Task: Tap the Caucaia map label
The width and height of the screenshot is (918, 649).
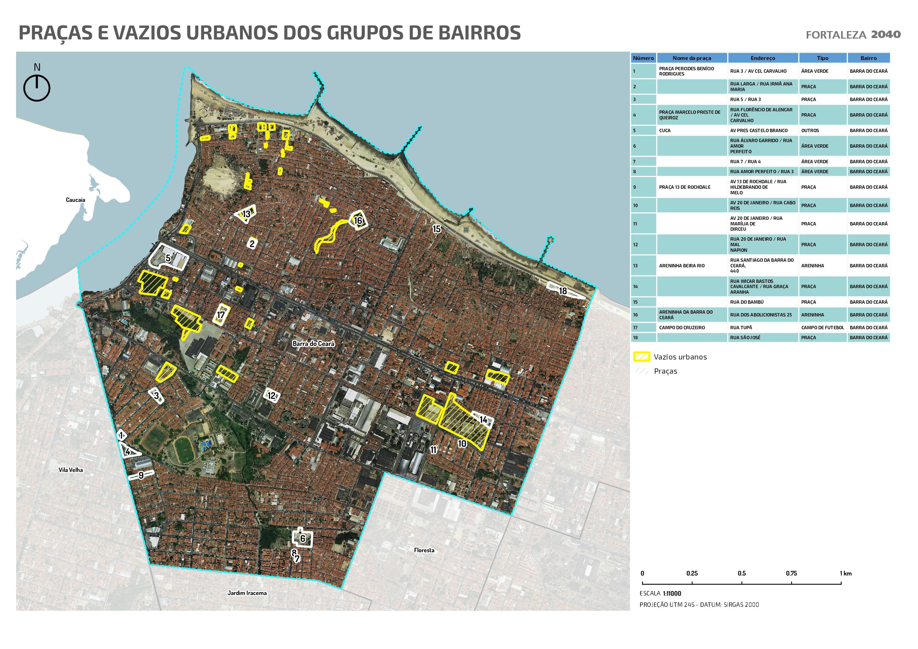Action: (x=75, y=200)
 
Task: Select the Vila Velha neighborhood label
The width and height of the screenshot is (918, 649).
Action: (x=71, y=470)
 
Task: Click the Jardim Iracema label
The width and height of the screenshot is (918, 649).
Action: (x=247, y=593)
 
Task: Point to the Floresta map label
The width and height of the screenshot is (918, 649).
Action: (x=424, y=550)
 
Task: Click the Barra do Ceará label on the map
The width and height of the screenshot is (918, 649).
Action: (x=313, y=343)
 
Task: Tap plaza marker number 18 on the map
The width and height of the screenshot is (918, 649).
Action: (x=563, y=291)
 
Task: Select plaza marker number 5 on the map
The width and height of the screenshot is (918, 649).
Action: (x=168, y=258)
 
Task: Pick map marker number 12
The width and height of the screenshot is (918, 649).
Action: (x=271, y=396)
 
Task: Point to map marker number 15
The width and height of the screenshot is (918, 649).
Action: (x=437, y=229)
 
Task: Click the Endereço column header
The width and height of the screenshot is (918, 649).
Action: (x=763, y=58)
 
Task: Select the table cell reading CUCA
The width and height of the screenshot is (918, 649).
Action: (x=665, y=130)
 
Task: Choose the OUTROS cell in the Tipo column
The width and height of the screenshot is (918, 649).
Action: (x=810, y=130)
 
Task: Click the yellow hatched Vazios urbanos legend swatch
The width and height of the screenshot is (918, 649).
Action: (x=642, y=357)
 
